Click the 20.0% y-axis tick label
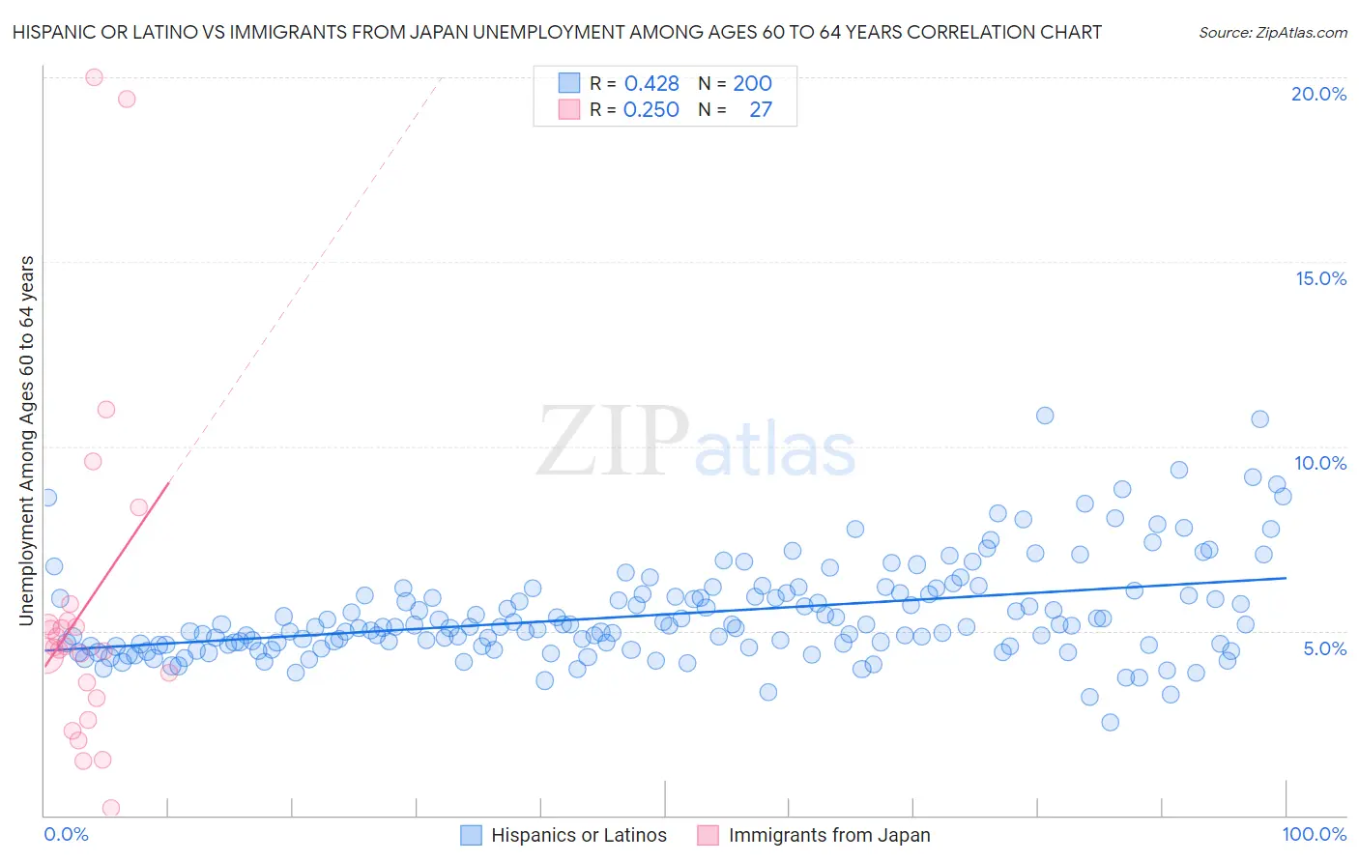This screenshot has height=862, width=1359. [x=1318, y=94]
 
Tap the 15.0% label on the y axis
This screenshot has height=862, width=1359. [x=1320, y=278]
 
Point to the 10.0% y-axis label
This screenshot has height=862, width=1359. [x=1320, y=463]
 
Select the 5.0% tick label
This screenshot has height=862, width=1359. [x=1324, y=648]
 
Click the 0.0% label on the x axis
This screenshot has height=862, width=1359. [x=66, y=834]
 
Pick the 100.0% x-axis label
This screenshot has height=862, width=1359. [x=1314, y=834]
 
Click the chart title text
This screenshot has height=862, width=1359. [x=557, y=33]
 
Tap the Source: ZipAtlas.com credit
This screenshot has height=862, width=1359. [x=1272, y=33]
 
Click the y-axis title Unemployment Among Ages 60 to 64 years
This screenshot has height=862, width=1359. [x=26, y=441]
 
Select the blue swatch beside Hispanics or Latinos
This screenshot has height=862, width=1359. [x=471, y=835]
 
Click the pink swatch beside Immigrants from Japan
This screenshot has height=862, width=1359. [x=708, y=835]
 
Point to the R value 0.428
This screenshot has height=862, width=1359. [x=651, y=84]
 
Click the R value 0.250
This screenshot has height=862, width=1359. [x=651, y=110]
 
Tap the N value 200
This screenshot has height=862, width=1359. [x=752, y=84]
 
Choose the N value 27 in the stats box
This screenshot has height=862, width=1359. [x=761, y=110]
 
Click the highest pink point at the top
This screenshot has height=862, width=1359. [x=94, y=77]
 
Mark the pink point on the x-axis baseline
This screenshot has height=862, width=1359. [x=111, y=808]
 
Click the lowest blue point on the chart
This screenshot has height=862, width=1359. [x=1110, y=722]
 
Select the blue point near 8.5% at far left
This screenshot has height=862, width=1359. [x=47, y=498]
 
